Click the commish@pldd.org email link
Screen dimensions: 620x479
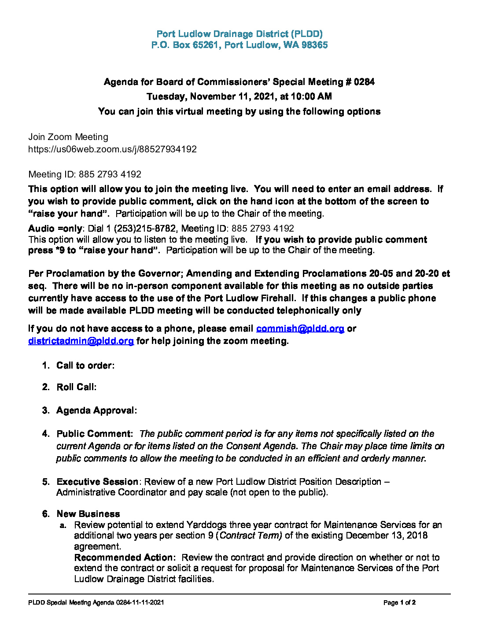click(x=300, y=328)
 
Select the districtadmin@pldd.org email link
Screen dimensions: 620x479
click(x=81, y=341)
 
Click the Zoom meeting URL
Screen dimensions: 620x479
click(x=112, y=149)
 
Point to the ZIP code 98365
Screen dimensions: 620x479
click(x=314, y=45)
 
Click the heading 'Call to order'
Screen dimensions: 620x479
click(x=85, y=365)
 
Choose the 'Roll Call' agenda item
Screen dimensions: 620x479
click(x=76, y=387)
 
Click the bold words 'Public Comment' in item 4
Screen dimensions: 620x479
click(x=94, y=434)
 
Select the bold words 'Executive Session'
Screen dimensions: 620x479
click(x=97, y=482)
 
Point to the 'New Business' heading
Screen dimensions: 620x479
click(x=88, y=514)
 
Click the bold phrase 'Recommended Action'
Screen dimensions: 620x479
click(x=124, y=557)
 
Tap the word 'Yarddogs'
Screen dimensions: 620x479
click(x=206, y=525)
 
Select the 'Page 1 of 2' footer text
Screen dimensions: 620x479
click(x=399, y=602)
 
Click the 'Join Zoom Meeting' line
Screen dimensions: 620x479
click(x=68, y=137)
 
